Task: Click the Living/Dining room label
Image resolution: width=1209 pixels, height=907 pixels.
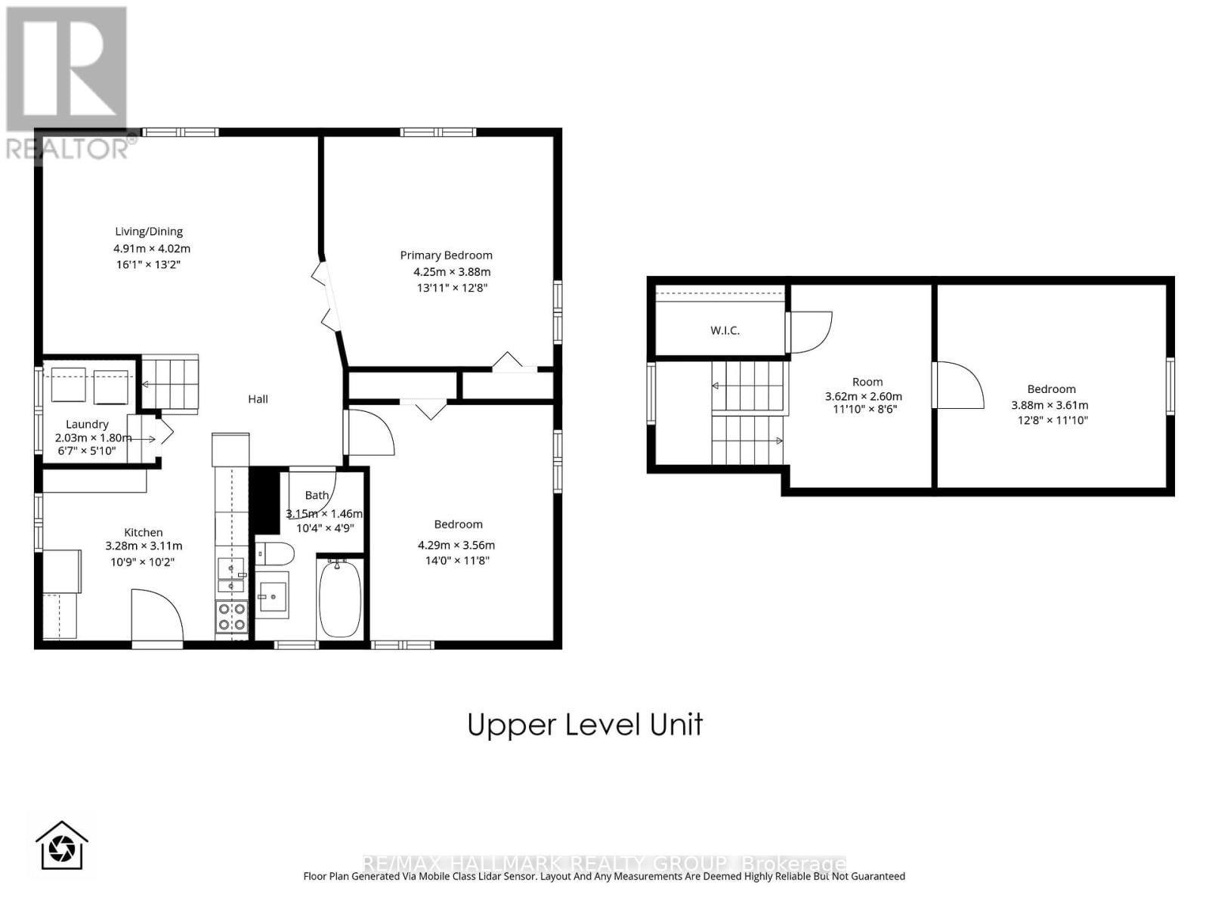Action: pos(149,231)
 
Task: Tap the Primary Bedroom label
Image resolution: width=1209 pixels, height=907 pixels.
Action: pos(446,255)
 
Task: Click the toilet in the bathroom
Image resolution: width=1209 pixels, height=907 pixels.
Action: pos(274,554)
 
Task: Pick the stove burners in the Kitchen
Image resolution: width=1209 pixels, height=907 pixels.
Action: pos(231,616)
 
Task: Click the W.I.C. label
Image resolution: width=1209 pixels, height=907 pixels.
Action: pos(725,330)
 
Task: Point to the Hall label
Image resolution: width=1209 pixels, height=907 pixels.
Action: pos(258,399)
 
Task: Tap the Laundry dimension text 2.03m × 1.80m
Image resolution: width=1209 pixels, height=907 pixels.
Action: pos(92,438)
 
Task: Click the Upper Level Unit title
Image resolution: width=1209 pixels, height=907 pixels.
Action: pos(585,725)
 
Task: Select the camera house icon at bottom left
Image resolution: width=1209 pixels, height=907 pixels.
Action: pos(62,847)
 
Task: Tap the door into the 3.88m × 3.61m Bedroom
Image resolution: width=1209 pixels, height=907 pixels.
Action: pos(958,385)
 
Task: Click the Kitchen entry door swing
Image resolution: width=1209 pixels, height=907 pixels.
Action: pos(156,616)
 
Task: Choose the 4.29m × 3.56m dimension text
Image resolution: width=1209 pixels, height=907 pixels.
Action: pos(456,545)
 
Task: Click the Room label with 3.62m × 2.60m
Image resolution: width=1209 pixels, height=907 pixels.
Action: pos(867,382)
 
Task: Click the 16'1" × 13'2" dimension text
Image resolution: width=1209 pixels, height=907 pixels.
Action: pos(147,265)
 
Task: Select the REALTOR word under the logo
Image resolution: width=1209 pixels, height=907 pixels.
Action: pos(68,149)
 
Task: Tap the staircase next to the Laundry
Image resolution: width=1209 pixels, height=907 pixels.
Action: pos(170,384)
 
